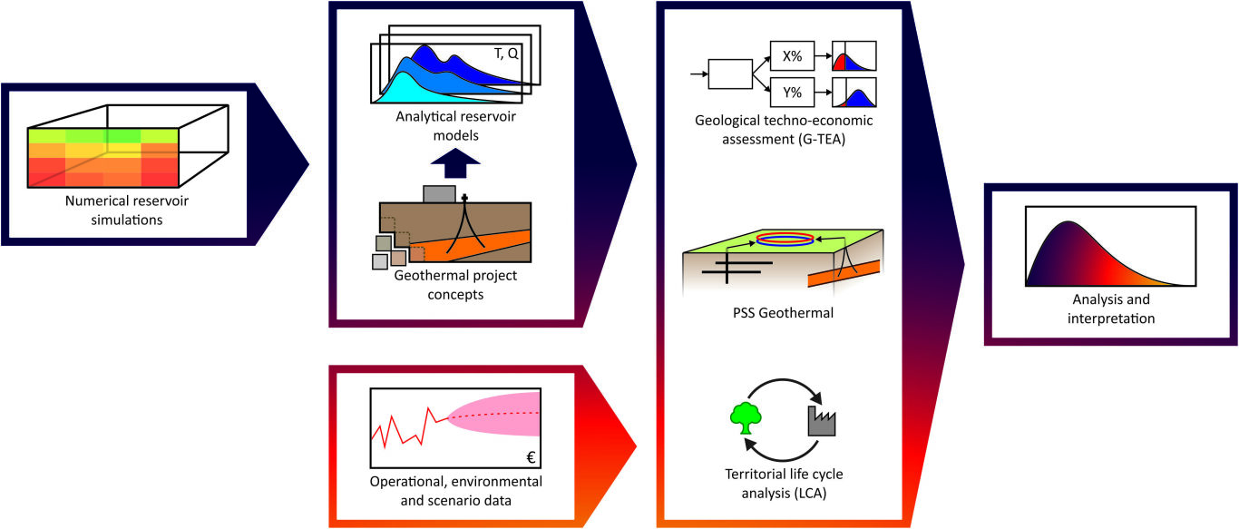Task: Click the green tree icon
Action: [x=744, y=416]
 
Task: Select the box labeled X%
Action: [x=790, y=55]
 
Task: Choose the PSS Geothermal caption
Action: [x=784, y=314]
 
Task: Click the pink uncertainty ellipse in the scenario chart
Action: [x=494, y=413]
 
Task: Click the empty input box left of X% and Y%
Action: [x=736, y=73]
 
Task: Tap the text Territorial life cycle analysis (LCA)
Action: [x=783, y=483]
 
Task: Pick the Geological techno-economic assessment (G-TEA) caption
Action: [x=783, y=129]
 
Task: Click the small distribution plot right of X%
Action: [x=854, y=56]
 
